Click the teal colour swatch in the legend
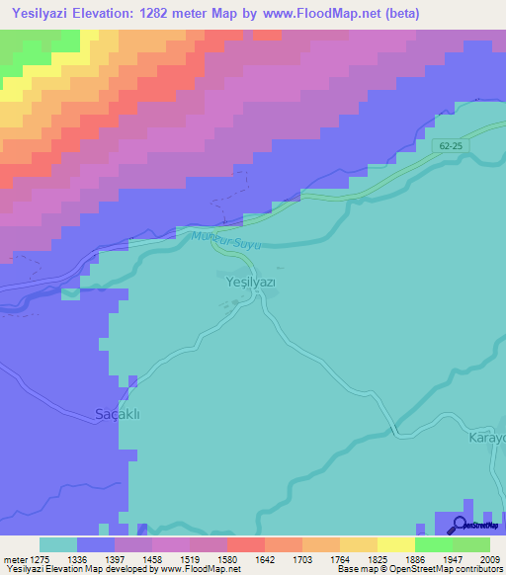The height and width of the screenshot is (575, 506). coord(58,544)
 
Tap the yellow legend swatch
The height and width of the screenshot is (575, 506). coord(395,544)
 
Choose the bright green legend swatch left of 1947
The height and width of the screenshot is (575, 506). coord(433,544)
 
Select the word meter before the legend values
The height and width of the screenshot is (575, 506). coord(17,559)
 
